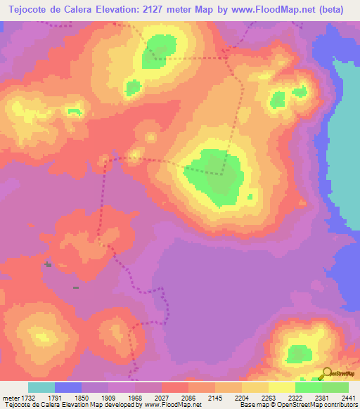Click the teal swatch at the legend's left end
tap(41, 387)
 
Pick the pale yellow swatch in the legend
tap(281, 387)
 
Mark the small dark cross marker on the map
tap(48, 264)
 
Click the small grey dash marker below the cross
tap(75, 287)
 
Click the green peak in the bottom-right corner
tap(299, 354)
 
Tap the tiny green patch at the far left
tap(73, 110)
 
